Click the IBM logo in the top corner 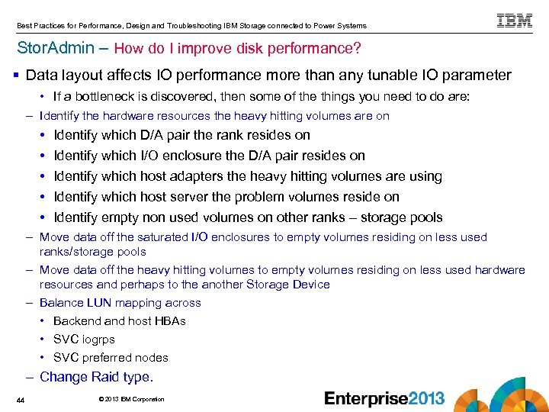515,21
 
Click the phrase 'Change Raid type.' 96,377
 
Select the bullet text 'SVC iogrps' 84,339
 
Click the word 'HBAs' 170,320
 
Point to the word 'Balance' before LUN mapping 61,302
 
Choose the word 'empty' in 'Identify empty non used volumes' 122,217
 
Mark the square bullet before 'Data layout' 16,75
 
